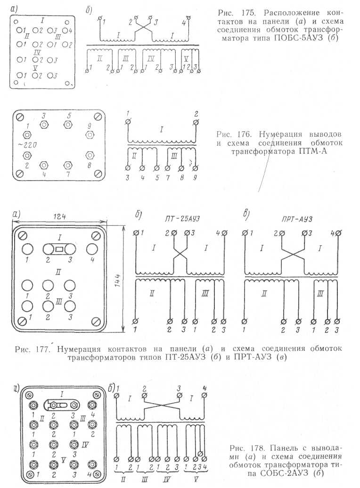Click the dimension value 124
point(59,216)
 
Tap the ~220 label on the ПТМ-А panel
point(27,145)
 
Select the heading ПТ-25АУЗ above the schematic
point(182,219)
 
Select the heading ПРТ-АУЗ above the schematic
point(297,219)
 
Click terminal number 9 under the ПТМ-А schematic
point(195,177)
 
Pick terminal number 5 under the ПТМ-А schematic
point(157,178)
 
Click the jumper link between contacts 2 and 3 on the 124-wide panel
point(59,249)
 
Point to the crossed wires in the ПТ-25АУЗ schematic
point(180,255)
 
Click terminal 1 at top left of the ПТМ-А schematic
point(127,122)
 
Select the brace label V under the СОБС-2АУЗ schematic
point(196,480)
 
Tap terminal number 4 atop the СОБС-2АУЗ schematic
point(205,388)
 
